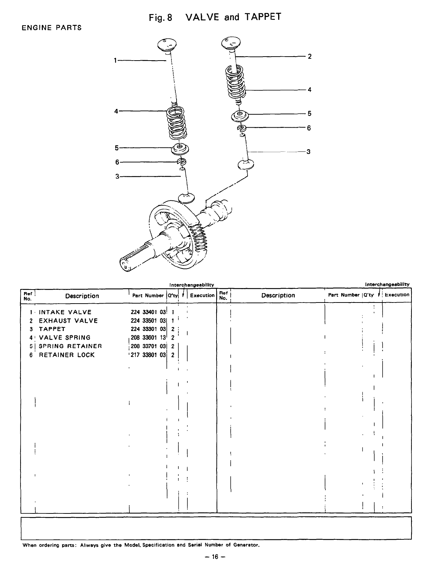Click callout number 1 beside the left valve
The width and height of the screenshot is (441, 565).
click(x=115, y=61)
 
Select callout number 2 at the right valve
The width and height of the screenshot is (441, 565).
click(x=309, y=56)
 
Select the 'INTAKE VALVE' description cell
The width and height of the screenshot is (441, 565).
click(x=65, y=312)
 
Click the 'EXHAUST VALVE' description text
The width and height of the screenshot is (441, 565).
click(x=68, y=321)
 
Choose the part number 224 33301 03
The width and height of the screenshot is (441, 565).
click(x=148, y=329)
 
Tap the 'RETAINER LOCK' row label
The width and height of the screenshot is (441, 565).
click(x=67, y=355)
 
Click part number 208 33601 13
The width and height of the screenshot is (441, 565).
click(x=148, y=338)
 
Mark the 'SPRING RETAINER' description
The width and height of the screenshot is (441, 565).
click(x=70, y=346)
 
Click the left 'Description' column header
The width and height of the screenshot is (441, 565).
click(x=82, y=296)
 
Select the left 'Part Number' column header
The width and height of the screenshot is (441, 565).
click(x=148, y=295)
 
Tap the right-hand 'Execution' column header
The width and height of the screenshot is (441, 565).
click(x=397, y=295)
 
